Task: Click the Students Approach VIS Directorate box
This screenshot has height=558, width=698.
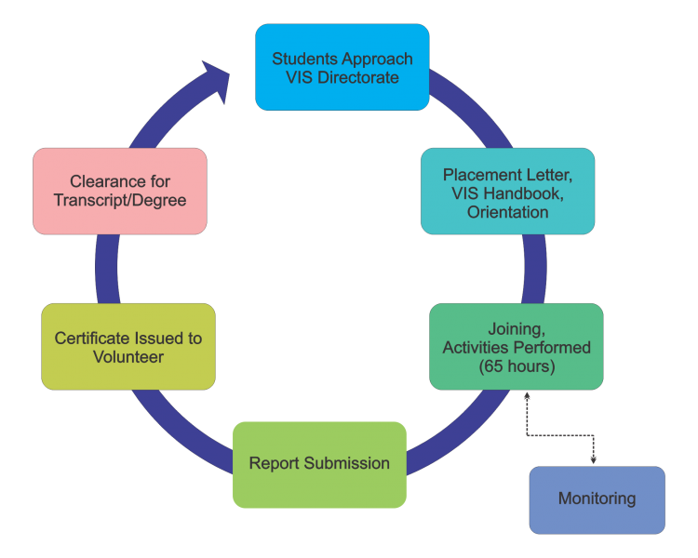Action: (342, 67)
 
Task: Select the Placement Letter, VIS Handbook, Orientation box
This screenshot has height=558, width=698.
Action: (507, 191)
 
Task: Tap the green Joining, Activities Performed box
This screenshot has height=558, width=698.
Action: (516, 347)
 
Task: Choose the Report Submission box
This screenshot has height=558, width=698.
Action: (319, 464)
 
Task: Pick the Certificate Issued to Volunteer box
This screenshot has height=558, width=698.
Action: (128, 347)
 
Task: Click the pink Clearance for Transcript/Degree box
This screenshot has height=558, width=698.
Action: (119, 191)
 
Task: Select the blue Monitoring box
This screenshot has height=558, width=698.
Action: (597, 499)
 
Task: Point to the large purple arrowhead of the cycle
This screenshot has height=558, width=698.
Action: (217, 81)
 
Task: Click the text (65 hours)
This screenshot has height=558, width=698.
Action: (517, 366)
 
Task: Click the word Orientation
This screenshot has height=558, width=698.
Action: (507, 212)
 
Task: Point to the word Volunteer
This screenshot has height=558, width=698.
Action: (128, 357)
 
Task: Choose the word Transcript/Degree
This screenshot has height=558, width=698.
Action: (119, 201)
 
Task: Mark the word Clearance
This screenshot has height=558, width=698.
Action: (107, 181)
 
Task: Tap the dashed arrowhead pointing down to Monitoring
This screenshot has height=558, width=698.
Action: (594, 459)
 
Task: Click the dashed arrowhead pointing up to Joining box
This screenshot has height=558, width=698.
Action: (527, 396)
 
